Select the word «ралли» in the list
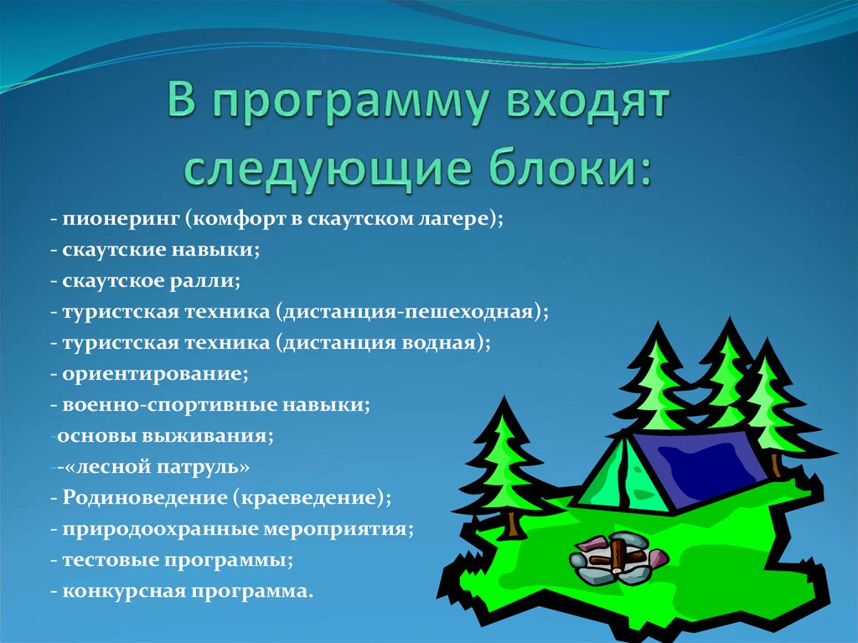click(211, 281)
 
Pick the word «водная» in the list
click(440, 343)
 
